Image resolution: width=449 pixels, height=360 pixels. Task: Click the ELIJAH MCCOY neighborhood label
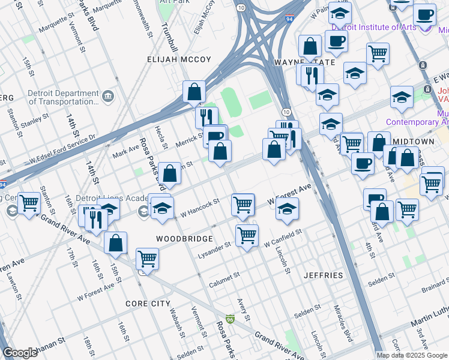pyautogui.click(x=179, y=59)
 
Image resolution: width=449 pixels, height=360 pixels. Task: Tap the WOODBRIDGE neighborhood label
pyautogui.click(x=182, y=238)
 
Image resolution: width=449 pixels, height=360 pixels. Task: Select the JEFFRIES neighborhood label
pyautogui.click(x=323, y=275)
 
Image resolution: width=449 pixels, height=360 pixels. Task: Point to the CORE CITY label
pyautogui.click(x=148, y=304)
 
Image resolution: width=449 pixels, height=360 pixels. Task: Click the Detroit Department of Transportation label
pyautogui.click(x=63, y=98)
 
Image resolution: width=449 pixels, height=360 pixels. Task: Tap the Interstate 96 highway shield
pyautogui.click(x=231, y=319)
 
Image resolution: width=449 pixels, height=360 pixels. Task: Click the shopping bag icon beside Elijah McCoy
pyautogui.click(x=194, y=92)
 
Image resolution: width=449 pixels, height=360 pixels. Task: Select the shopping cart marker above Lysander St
pyautogui.click(x=247, y=235)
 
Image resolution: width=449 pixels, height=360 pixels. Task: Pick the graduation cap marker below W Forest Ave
pyautogui.click(x=288, y=209)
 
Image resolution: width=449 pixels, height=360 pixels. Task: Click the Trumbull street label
pyautogui.click(x=166, y=37)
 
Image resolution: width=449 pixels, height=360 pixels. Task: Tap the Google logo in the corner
pyautogui.click(x=20, y=353)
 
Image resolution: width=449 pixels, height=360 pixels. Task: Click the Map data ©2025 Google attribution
pyautogui.click(x=411, y=355)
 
